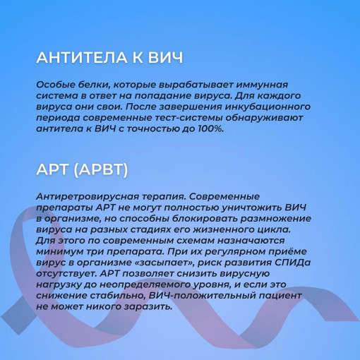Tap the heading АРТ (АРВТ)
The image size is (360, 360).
coord(83,169)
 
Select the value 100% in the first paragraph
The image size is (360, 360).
coord(210,128)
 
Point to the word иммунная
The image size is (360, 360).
coord(262,85)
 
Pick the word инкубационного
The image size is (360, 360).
coord(268,107)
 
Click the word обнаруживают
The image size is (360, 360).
coord(264,118)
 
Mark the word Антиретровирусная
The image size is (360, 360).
coord(88,197)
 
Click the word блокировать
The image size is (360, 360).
coord(205,219)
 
